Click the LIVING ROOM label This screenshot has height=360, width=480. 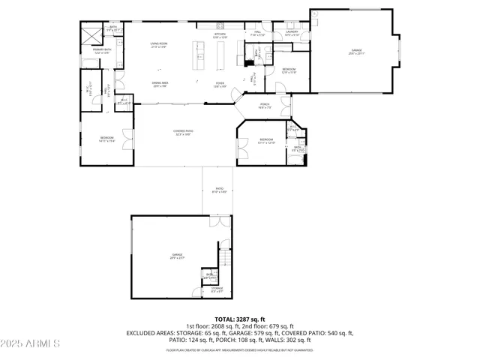(x=158, y=45)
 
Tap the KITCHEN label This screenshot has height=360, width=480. (x=220, y=35)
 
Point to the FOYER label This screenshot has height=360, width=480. (x=220, y=84)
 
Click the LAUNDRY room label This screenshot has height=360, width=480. (x=292, y=33)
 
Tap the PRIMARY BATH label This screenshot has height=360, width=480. (x=101, y=50)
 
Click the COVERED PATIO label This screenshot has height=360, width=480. (x=184, y=133)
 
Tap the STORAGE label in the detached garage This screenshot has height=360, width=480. (x=217, y=289)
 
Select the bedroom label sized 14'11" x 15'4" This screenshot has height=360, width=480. (x=107, y=139)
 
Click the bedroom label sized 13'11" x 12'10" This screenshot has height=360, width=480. (x=267, y=140)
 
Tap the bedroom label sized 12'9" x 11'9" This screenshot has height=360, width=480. (x=289, y=70)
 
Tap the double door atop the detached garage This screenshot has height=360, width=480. (x=220, y=222)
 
